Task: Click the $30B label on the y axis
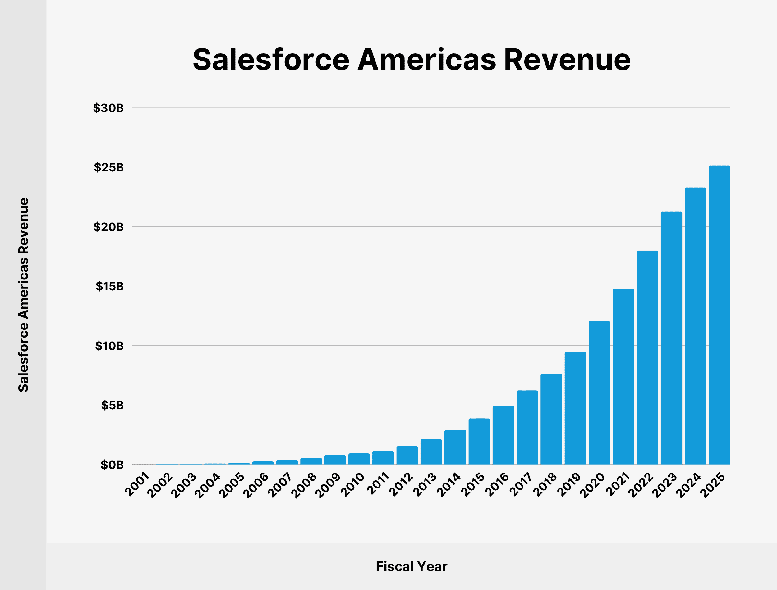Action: (x=108, y=108)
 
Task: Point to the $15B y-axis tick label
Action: (x=110, y=287)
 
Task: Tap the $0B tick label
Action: (x=112, y=465)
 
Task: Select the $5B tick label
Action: (x=113, y=405)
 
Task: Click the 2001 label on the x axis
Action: (x=137, y=485)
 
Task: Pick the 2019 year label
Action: (x=569, y=485)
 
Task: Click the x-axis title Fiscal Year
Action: (x=411, y=566)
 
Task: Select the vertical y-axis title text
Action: (x=24, y=295)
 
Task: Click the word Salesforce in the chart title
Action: (x=271, y=60)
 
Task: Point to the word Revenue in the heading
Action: (x=567, y=60)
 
